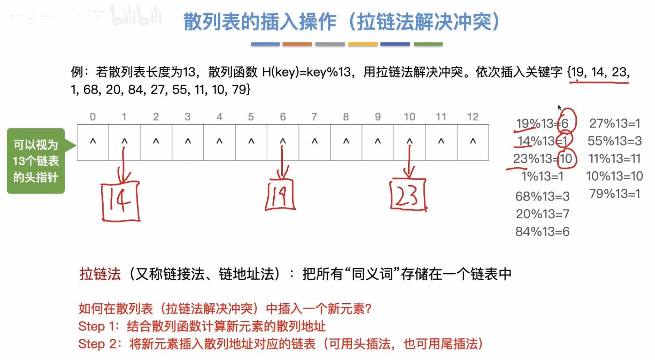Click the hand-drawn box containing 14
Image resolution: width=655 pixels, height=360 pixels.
pos(120,202)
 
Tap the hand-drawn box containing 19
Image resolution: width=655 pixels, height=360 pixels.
pos(280,195)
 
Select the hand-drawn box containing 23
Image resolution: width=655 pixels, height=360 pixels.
pos(408,195)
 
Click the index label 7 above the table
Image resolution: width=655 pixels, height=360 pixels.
pos(314,117)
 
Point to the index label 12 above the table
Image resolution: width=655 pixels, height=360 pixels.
pos(472,117)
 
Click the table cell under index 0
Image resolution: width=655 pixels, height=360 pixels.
pos(93,142)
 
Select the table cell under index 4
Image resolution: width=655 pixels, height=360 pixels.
pos(219,142)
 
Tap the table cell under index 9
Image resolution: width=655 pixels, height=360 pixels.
pos(378,142)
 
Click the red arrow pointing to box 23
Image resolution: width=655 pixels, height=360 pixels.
pos(409,161)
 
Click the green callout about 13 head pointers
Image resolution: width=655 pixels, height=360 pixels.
pos(36,161)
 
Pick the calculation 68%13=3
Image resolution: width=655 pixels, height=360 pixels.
pos(542,196)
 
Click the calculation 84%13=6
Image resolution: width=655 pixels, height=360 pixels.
pos(542,232)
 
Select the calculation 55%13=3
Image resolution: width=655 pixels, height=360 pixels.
pos(614,141)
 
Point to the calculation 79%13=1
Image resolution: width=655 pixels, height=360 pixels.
pos(614,193)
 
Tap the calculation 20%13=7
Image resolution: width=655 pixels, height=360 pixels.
pos(542,214)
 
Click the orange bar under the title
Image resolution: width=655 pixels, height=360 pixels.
pos(297,44)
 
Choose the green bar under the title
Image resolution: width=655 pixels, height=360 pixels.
pos(428,44)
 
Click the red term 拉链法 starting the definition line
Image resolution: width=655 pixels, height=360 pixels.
pos(100,274)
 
